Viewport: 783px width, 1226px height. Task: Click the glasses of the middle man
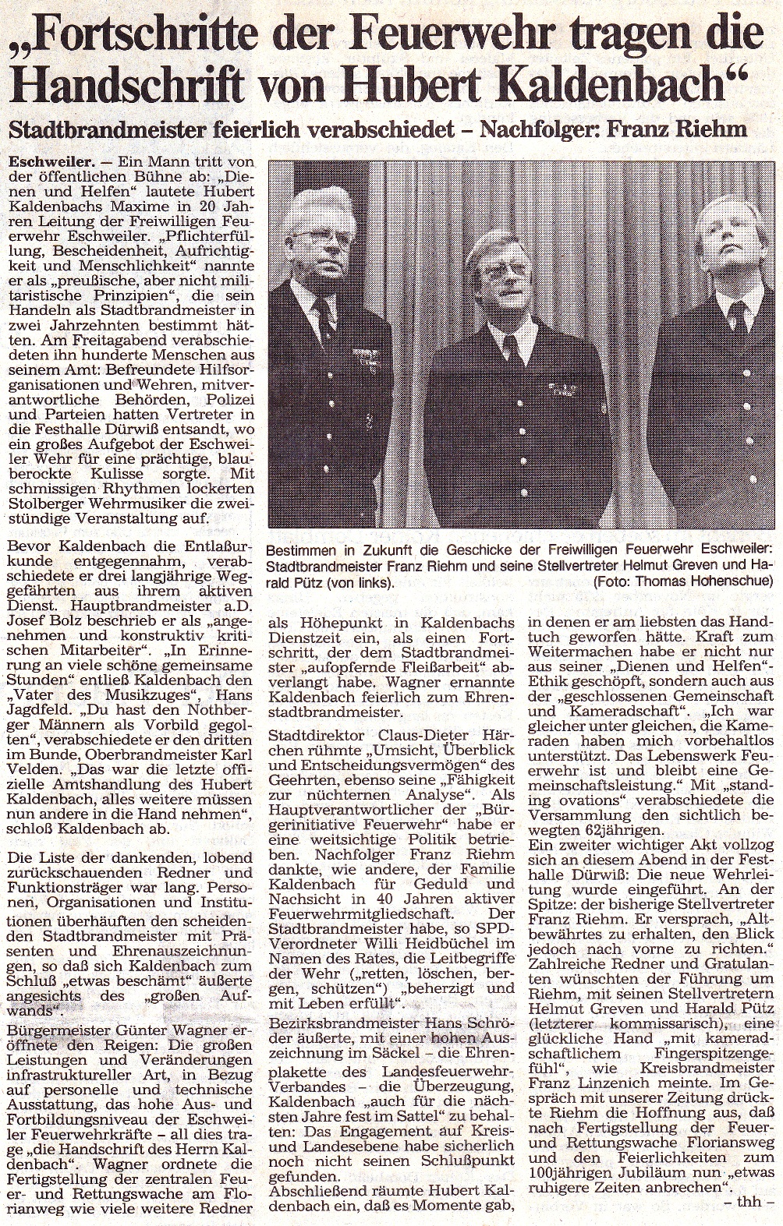click(x=500, y=268)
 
